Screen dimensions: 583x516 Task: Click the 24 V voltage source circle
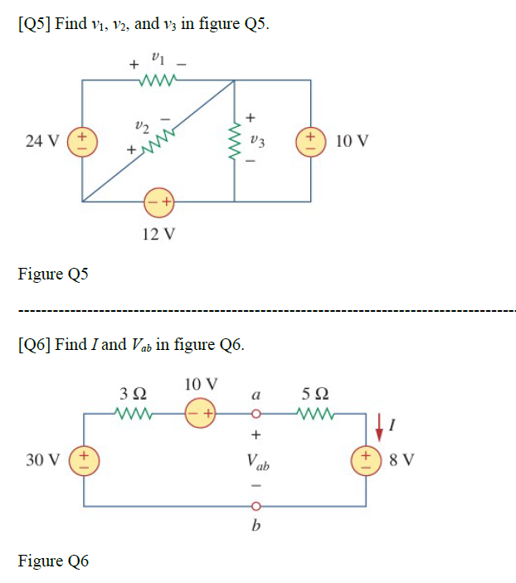(83, 140)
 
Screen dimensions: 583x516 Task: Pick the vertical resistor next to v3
(236, 140)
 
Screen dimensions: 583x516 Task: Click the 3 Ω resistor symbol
(134, 412)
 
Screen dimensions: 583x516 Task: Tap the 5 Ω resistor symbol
(319, 412)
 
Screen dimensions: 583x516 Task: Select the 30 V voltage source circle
(84, 459)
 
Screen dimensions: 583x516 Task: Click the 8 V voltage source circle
(366, 459)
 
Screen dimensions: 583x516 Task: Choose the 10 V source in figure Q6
(202, 412)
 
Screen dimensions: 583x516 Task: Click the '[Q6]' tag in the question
(34, 344)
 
